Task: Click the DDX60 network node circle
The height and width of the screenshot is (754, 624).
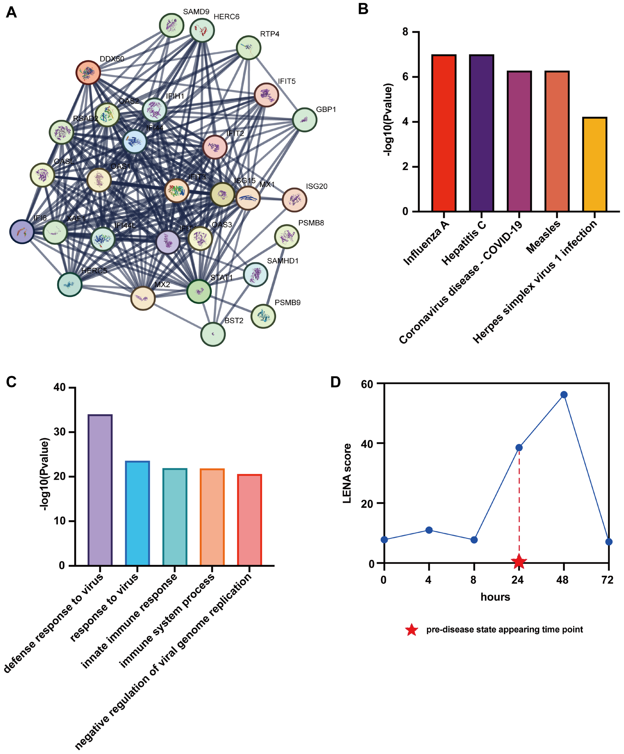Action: pos(88,73)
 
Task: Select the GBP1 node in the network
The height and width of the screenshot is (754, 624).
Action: pos(305,120)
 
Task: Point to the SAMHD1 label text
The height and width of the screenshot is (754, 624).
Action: pos(283,261)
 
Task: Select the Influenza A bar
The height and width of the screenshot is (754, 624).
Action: pos(444,133)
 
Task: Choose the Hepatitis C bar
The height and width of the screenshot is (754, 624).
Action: pos(482,133)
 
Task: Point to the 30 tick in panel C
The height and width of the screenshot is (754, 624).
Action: pos(60,432)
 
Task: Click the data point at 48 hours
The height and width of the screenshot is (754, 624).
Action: pos(564,395)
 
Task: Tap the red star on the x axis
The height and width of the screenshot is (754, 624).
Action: pos(519,562)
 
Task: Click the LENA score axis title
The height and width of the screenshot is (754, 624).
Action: pos(347,473)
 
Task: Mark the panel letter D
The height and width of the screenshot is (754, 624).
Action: pos(335,382)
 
